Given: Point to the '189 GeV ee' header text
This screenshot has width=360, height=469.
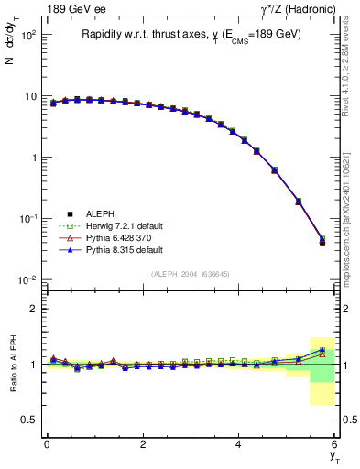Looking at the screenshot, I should [72, 8].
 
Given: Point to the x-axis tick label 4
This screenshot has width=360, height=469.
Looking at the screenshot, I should [239, 444].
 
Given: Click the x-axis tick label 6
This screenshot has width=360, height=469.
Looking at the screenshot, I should [335, 444].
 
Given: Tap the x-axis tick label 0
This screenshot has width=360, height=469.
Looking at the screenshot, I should [47, 444].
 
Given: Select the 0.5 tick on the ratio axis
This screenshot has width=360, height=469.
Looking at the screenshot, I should [28, 420].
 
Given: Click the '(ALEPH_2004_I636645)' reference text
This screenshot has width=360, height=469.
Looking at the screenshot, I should [191, 274].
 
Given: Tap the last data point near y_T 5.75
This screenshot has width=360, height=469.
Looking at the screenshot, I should [322, 242].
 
